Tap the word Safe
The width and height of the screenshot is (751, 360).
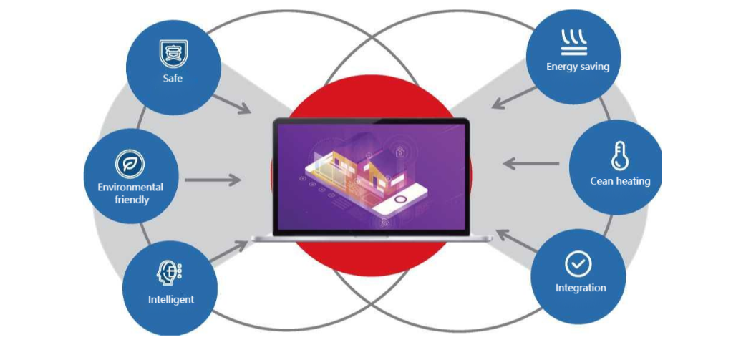[x=172, y=77]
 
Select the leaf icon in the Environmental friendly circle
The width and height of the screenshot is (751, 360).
[x=130, y=165]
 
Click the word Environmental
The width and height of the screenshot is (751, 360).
[x=130, y=187]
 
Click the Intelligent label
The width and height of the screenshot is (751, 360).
[x=170, y=298]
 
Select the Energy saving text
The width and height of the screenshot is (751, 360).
[x=578, y=67]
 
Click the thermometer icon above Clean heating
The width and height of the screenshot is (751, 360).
[x=619, y=156]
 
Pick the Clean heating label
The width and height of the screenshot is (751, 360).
[x=620, y=181]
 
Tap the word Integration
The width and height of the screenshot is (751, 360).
[x=581, y=288]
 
